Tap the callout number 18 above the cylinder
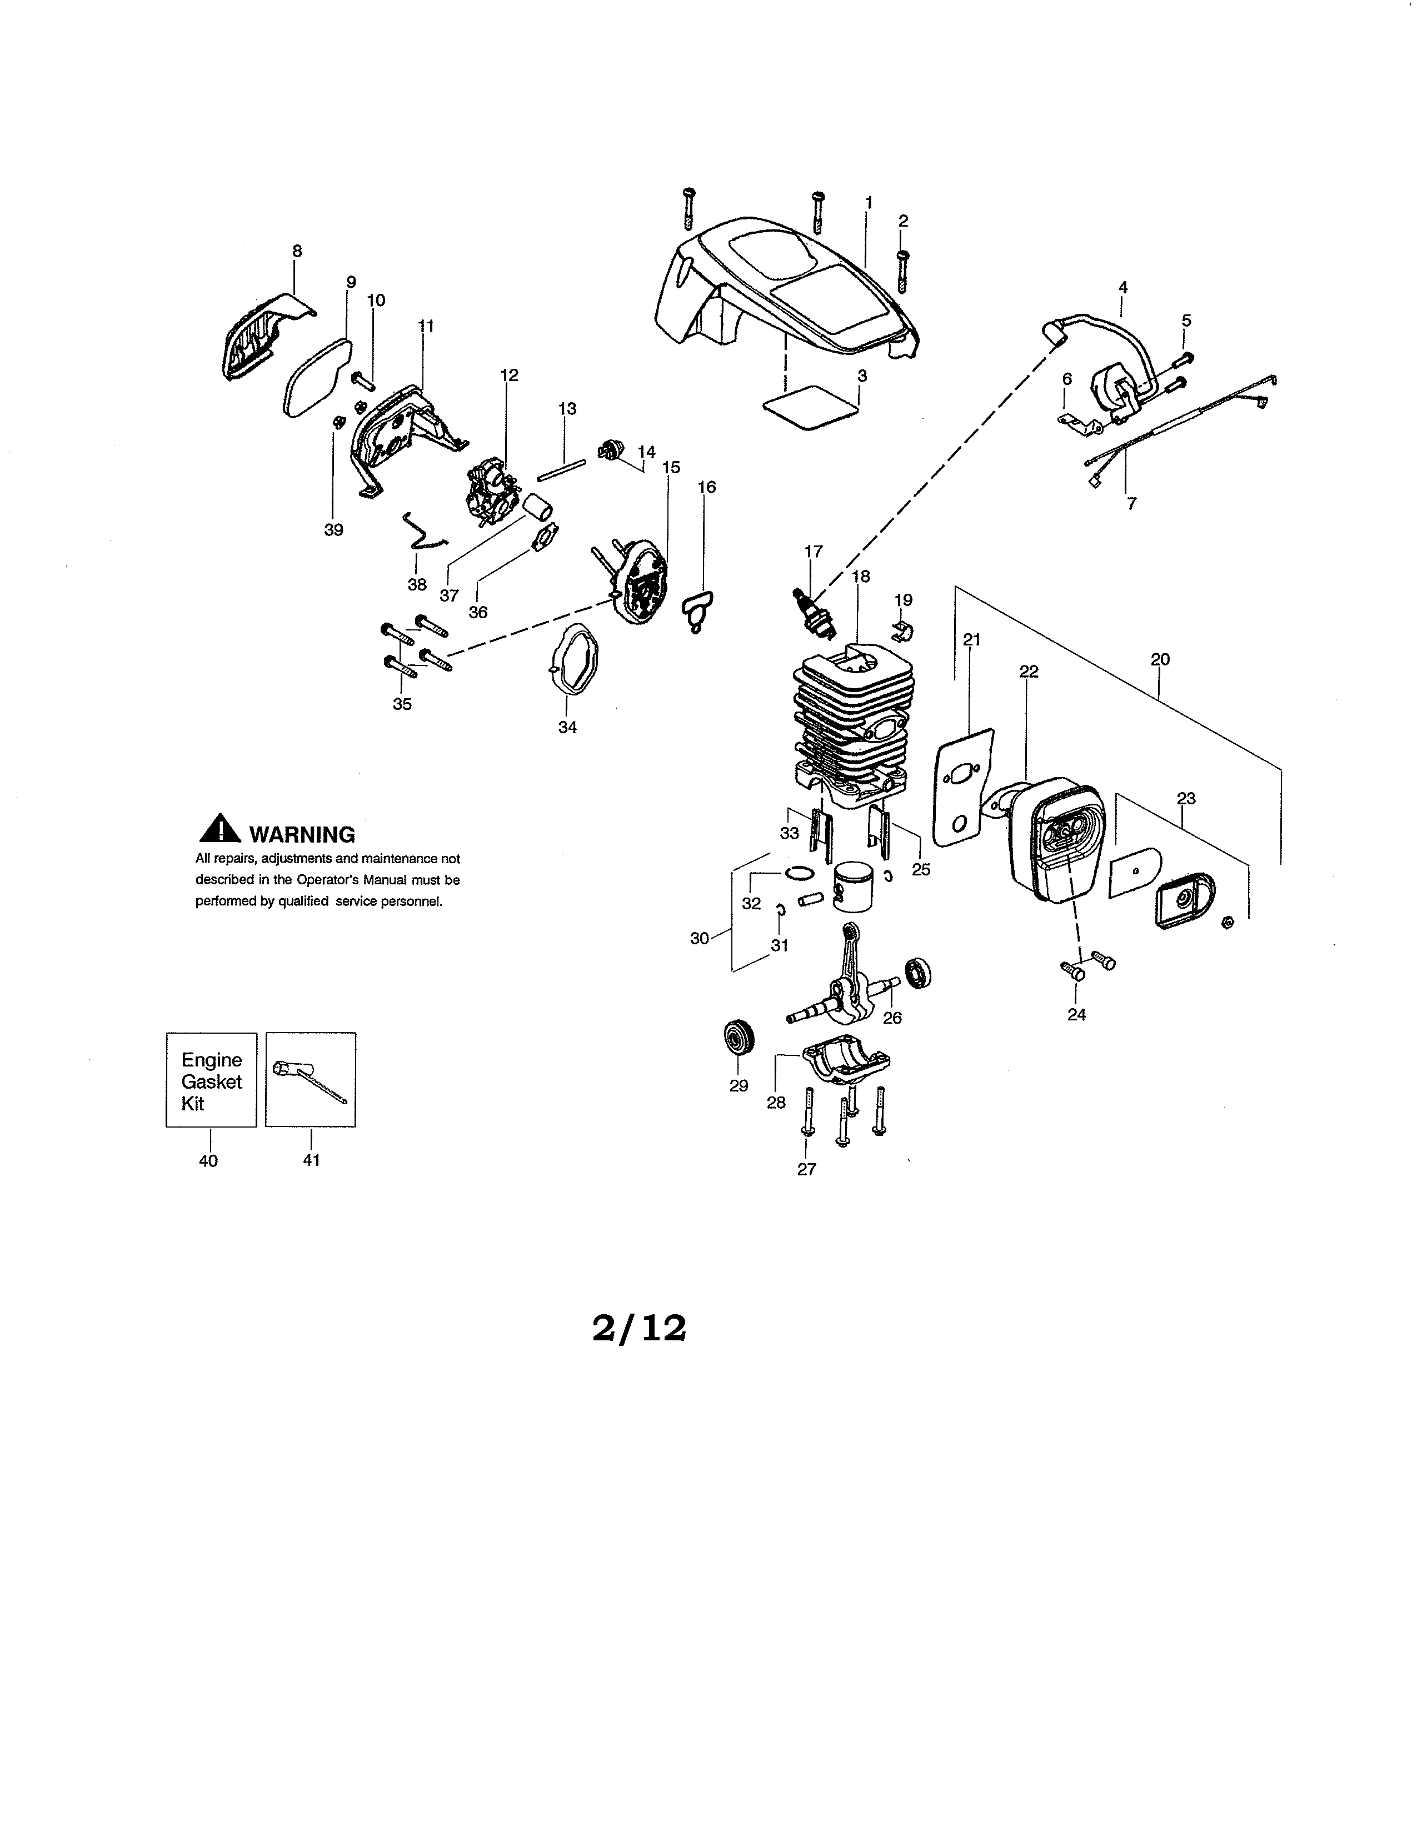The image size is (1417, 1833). click(860, 576)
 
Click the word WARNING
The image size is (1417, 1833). click(302, 834)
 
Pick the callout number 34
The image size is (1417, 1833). click(567, 728)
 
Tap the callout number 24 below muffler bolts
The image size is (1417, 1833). click(1076, 1015)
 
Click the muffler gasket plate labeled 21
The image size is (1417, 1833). click(962, 787)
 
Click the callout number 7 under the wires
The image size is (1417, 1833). click(1131, 504)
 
